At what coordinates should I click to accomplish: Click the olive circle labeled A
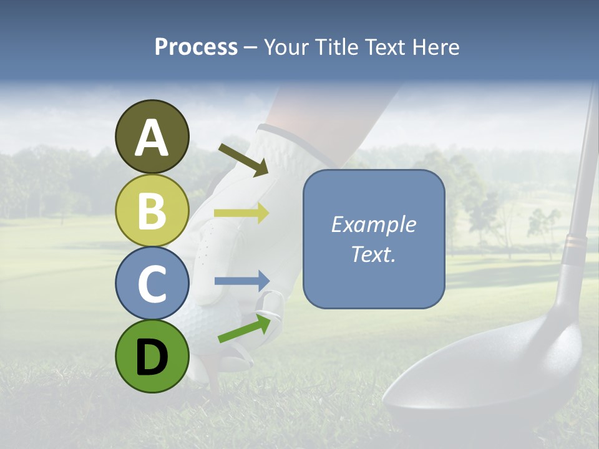point(152,137)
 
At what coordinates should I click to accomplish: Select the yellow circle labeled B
point(152,210)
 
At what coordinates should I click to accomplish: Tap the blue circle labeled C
point(152,283)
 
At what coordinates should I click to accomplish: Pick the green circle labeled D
point(152,356)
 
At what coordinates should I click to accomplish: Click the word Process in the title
point(196,47)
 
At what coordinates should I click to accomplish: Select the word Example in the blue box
point(373,224)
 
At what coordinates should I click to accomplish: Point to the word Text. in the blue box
point(373,254)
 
